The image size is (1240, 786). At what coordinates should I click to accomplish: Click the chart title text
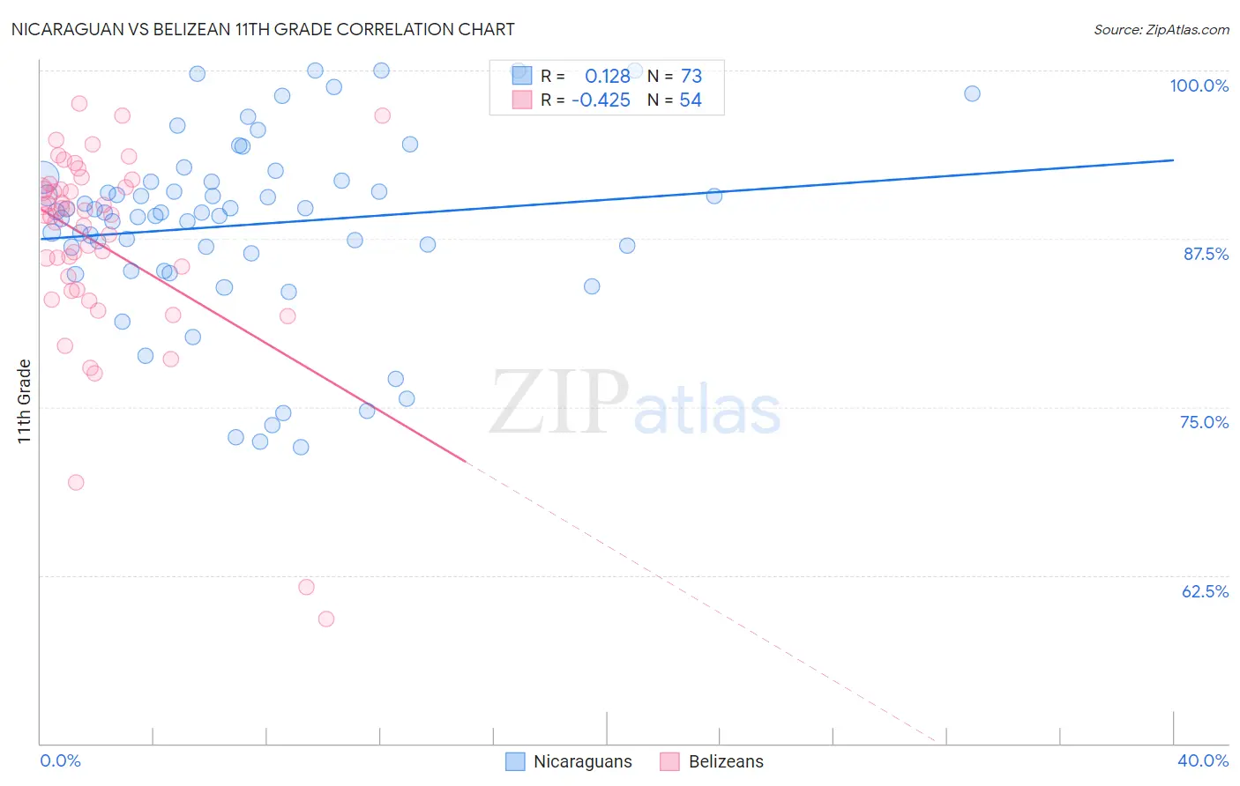pos(263,29)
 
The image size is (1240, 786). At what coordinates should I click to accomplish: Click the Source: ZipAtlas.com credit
pos(1161,29)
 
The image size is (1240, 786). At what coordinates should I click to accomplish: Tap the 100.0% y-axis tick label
pos(1199,85)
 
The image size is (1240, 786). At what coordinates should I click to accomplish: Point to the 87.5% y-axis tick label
pos(1206,254)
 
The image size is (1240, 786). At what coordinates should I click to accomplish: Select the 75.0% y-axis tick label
pos(1204,422)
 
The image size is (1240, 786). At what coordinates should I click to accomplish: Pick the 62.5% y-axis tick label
pos(1205,591)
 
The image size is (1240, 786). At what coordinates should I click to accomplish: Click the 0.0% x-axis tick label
pos(60,760)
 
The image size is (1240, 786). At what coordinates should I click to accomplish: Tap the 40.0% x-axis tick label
pos(1203,760)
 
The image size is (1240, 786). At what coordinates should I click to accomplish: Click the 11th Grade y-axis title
pos(25,401)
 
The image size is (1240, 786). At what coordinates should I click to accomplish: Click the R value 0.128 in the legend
pos(608,76)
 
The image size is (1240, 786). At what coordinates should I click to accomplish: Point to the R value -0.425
pos(601,100)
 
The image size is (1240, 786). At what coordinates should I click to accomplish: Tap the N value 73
pos(691,76)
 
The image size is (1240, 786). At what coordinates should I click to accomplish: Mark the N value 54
pos(691,100)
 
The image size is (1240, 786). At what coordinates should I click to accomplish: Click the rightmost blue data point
pos(972,93)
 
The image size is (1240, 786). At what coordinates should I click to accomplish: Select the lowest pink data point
pos(325,619)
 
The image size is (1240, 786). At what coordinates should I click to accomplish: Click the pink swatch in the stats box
pos(522,100)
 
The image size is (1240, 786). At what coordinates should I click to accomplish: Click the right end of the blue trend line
pos(1173,159)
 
